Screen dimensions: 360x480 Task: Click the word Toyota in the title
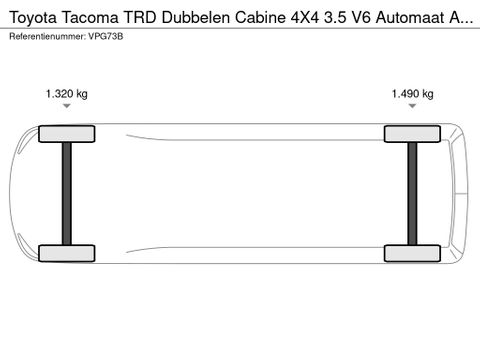click(30, 16)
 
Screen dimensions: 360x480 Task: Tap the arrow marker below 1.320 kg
click(66, 105)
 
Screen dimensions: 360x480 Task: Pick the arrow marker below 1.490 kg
click(412, 105)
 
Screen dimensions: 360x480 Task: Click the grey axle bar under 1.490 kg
click(412, 193)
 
